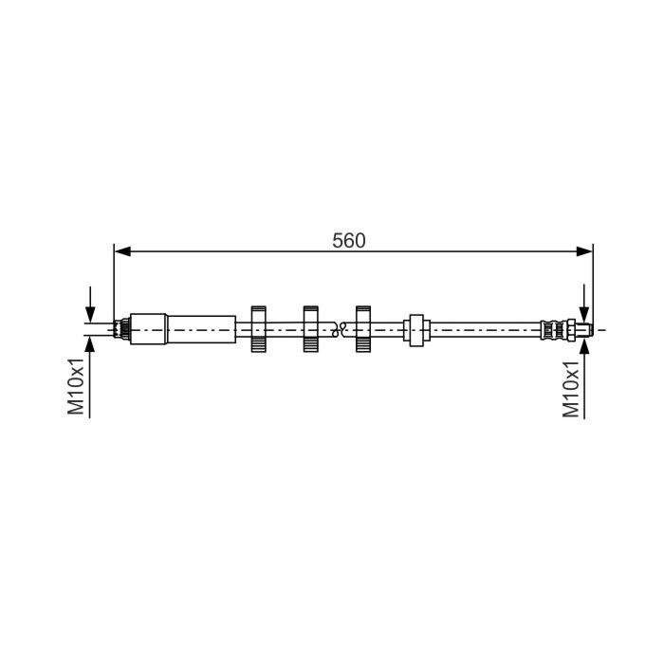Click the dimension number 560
pos(348,241)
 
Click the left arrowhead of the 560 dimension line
pos(122,251)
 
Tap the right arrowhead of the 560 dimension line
pos(584,251)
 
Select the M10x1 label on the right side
pos(570,389)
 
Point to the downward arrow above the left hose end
pos(90,304)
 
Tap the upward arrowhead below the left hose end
pos(90,343)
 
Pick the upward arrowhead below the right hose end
pos(584,344)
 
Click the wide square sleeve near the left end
pos(148,329)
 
